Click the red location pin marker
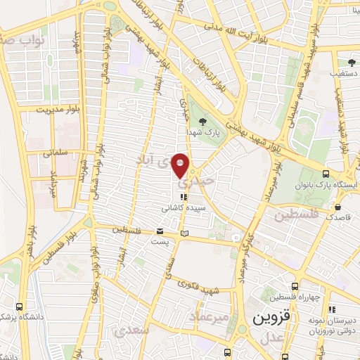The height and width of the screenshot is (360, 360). click(181, 165)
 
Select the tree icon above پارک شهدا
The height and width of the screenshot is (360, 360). click(203, 122)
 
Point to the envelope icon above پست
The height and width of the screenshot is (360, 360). click(160, 231)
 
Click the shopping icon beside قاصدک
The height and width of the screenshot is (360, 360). click(339, 207)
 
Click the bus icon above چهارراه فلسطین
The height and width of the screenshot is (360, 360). click(295, 285)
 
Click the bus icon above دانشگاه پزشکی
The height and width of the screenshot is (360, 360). click(19, 307)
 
